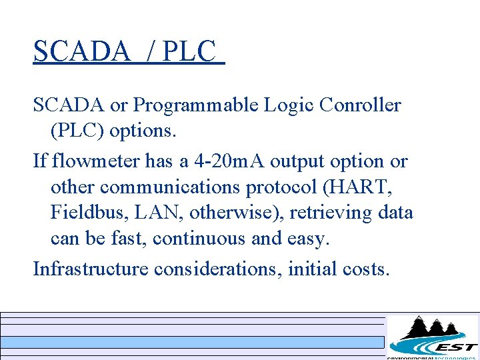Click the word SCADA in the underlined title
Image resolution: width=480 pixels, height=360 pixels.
point(81,51)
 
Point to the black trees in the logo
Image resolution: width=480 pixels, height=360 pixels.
point(433,328)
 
